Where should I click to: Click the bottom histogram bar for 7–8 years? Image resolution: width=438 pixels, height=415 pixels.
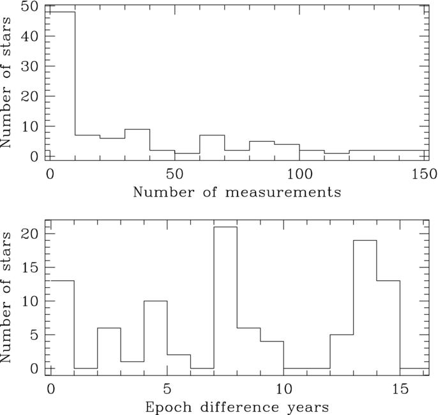point(225,300)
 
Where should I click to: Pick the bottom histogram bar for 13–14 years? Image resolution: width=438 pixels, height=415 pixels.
point(365,306)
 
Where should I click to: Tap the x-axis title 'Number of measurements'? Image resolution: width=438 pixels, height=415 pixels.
point(237,192)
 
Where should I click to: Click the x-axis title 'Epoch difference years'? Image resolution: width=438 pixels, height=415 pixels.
point(237,406)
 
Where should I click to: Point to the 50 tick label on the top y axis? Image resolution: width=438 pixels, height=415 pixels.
point(30,8)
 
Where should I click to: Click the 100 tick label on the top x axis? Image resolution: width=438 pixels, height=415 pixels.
point(299,174)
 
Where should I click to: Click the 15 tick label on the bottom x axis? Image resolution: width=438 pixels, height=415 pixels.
point(400,389)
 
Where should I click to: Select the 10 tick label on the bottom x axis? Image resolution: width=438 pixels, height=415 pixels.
point(283,389)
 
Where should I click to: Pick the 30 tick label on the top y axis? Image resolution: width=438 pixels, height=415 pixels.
point(30,67)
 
